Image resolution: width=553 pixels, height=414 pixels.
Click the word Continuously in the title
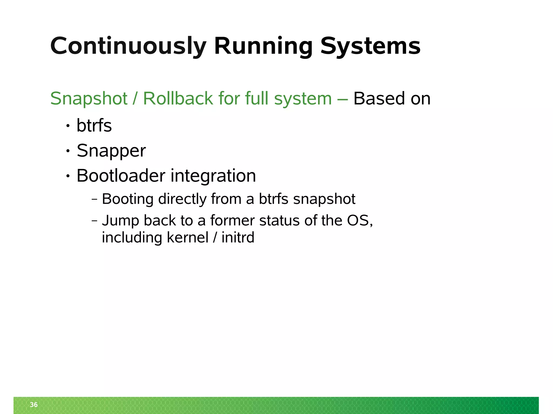point(128,46)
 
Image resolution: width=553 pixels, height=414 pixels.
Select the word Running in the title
point(263,46)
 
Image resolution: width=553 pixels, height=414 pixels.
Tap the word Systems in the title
point(370,46)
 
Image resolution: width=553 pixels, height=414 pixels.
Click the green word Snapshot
point(89,99)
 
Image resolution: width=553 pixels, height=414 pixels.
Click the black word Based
point(379,98)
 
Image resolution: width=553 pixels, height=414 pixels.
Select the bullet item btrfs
point(94,126)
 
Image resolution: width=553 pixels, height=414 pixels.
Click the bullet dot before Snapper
point(68,151)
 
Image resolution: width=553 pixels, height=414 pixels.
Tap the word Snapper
point(111,151)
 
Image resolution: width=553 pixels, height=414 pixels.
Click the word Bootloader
point(121,176)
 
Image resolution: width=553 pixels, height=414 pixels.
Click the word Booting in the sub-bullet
point(128,199)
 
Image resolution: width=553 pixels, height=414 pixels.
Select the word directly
point(183,199)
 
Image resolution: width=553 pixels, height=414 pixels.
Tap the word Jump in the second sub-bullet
point(120,221)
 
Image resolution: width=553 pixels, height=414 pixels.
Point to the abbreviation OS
point(358,220)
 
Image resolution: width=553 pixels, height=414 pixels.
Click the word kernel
point(188,237)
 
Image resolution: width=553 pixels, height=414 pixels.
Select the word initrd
point(238,237)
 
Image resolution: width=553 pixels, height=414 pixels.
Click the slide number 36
point(34,405)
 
